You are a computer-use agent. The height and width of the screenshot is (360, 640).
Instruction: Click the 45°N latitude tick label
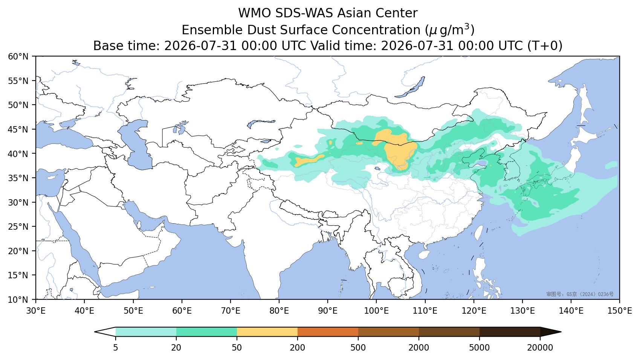(18, 130)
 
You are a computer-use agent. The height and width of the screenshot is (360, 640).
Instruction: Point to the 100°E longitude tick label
(376, 311)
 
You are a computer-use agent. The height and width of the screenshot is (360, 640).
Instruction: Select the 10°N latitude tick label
(18, 300)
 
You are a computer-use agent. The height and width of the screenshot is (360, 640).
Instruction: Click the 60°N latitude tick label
(18, 56)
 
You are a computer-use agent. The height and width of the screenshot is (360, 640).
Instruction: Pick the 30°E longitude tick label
(36, 311)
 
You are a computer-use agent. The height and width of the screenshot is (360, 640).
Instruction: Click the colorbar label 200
(298, 348)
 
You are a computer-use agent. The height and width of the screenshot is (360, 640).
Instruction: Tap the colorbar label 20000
(540, 348)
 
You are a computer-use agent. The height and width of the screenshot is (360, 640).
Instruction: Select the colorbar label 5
(115, 348)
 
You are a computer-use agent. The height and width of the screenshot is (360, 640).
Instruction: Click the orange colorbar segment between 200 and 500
(328, 332)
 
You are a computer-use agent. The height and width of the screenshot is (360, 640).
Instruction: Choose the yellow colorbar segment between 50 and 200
(267, 332)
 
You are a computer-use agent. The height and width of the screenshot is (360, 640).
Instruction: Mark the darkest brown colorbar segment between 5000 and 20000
(510, 332)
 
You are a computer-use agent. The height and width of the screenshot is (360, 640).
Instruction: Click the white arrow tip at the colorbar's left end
(95, 332)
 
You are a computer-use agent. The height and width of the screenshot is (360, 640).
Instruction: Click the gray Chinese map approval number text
(580, 294)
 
